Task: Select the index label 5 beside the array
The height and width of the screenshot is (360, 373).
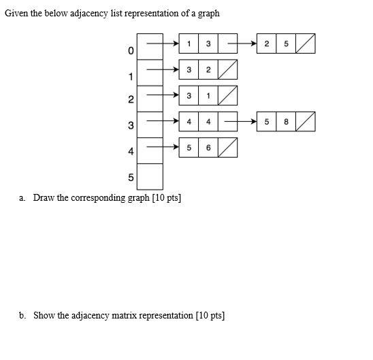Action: click(x=130, y=178)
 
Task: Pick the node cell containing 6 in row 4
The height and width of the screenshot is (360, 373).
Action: click(x=208, y=148)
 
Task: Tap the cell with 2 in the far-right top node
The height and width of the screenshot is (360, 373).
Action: click(x=266, y=44)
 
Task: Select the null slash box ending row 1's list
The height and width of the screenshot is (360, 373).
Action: click(x=227, y=69)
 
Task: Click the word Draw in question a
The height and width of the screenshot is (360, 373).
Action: click(x=44, y=198)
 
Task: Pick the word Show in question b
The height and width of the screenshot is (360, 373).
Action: click(x=44, y=316)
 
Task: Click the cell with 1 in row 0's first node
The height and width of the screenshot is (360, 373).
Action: click(x=189, y=44)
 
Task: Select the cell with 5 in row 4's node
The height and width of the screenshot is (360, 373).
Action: click(x=189, y=148)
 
